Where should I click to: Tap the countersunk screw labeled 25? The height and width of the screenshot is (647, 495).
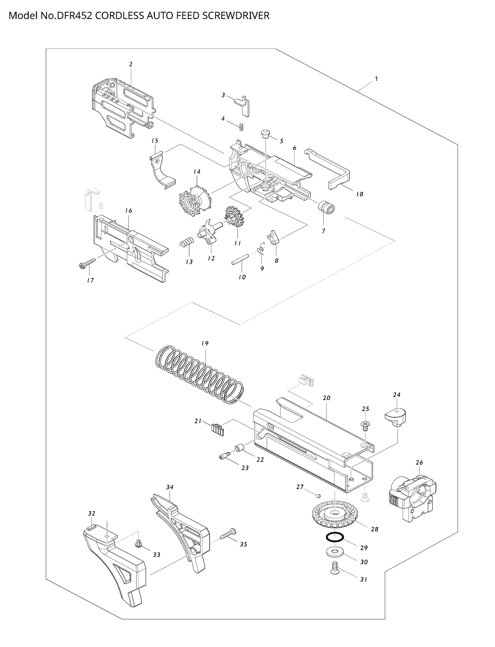[365, 425]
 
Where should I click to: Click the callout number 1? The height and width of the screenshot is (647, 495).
[376, 79]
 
